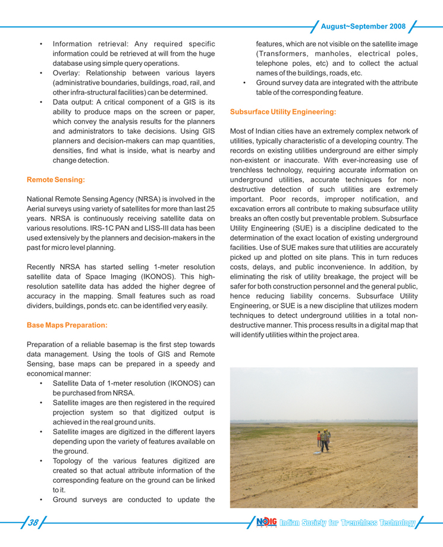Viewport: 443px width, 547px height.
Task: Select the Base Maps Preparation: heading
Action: pyautogui.click(x=68, y=325)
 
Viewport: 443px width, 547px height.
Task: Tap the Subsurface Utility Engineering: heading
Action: pyautogui.click(x=282, y=112)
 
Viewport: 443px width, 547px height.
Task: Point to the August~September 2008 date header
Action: pyautogui.click(x=363, y=27)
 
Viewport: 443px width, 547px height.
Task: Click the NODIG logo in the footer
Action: pyautogui.click(x=266, y=523)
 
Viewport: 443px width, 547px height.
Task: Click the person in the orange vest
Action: pyautogui.click(x=319, y=438)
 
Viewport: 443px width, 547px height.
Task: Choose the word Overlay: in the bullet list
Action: pyautogui.click(x=70, y=72)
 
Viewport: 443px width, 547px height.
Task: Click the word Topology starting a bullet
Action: pyautogui.click(x=71, y=460)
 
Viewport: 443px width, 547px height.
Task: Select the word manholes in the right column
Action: pyautogui.click(x=338, y=53)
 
